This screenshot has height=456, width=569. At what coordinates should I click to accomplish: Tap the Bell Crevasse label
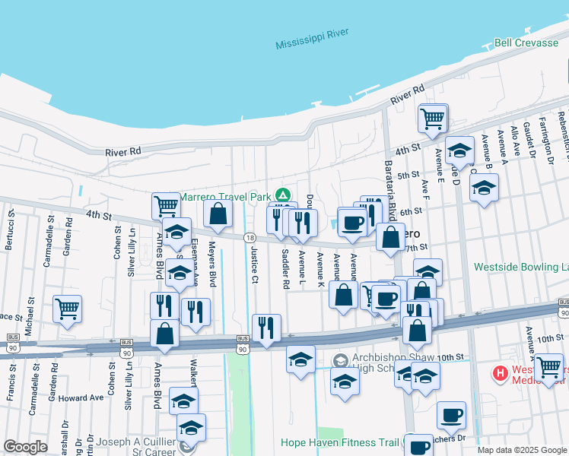[x=526, y=43]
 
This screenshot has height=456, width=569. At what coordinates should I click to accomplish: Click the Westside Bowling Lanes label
[x=521, y=267]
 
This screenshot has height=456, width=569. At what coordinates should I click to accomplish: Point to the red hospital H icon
[x=501, y=373]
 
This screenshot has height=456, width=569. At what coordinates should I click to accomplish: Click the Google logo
[x=26, y=447]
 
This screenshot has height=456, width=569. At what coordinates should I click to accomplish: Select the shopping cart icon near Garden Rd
[x=68, y=309]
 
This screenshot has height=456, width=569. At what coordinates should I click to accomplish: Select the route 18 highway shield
[x=250, y=238]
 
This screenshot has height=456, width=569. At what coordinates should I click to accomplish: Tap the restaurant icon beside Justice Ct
[x=266, y=328]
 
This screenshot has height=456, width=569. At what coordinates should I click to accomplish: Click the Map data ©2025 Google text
[x=523, y=450]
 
